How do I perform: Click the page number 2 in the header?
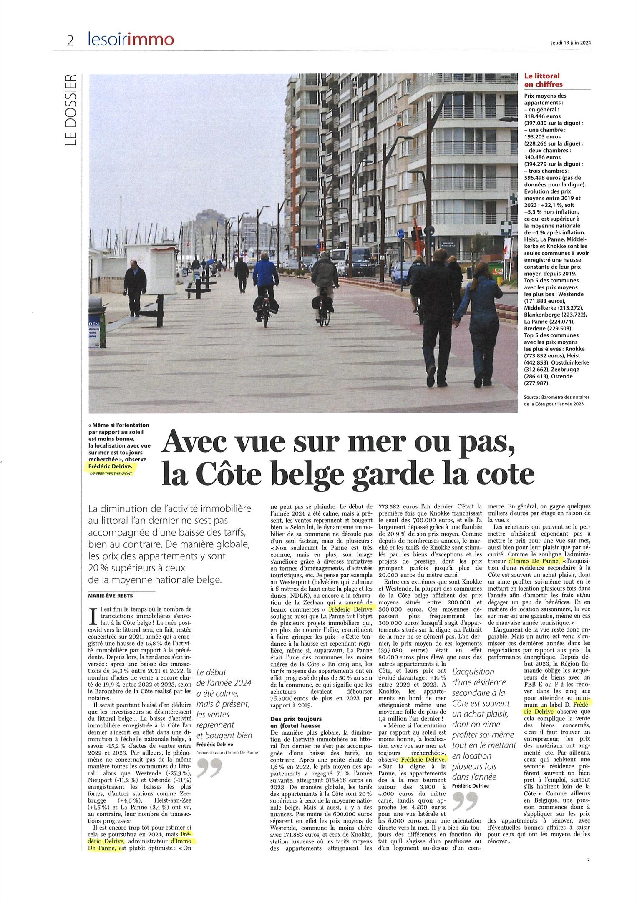[70, 40]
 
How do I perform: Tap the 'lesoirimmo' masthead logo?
[131, 40]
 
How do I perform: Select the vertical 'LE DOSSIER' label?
[71, 110]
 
